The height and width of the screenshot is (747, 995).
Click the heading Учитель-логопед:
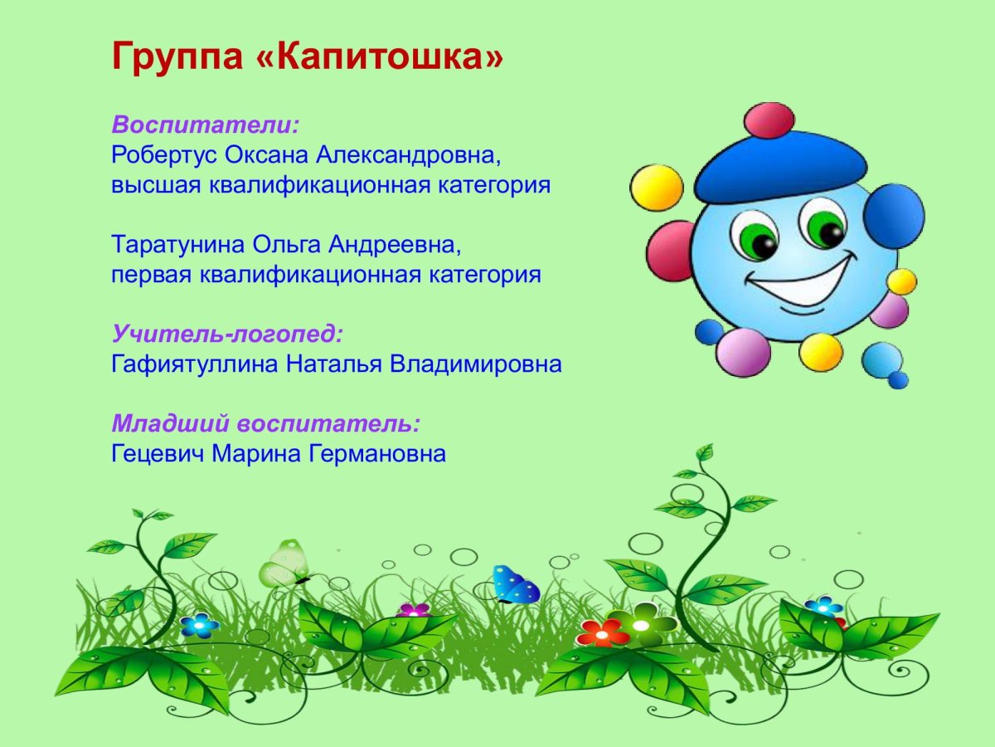[227, 334]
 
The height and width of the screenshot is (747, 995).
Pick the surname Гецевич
[157, 454]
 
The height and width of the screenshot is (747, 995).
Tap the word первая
[151, 275]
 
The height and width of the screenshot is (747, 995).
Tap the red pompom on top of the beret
[769, 120]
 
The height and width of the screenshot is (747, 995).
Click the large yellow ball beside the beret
[657, 188]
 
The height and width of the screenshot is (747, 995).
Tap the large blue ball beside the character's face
[893, 215]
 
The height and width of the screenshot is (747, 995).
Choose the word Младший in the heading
[171, 424]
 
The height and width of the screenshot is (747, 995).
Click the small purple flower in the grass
[413, 611]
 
